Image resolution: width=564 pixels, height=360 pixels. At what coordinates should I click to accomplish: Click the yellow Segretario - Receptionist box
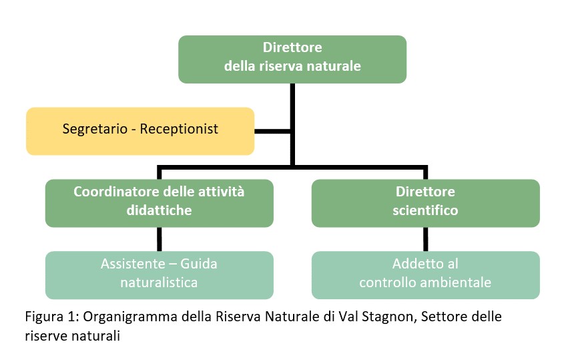point(140,131)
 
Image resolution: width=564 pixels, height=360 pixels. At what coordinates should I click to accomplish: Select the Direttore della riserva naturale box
point(292,59)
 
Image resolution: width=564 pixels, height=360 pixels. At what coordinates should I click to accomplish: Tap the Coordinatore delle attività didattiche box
point(160,203)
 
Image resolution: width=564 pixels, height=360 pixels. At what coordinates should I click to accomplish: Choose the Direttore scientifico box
point(426,203)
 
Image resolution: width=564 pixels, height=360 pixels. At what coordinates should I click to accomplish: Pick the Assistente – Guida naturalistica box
point(160,275)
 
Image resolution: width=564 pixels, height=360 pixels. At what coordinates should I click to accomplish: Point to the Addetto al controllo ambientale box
point(426,275)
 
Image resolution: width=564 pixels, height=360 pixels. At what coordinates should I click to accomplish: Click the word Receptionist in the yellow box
point(179,129)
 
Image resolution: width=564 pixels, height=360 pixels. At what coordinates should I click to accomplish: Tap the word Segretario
point(95,129)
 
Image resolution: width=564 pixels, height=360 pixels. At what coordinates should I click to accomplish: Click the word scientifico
point(425,210)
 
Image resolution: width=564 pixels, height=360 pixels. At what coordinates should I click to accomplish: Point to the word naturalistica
point(159,283)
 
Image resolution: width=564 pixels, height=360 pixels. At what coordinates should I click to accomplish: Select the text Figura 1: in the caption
point(52,317)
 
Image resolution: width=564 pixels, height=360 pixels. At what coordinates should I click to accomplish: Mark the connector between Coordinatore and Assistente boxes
point(160,239)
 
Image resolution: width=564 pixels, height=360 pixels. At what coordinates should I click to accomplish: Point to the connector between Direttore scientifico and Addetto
point(426,239)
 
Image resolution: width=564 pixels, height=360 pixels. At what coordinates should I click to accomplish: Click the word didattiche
point(159,210)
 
